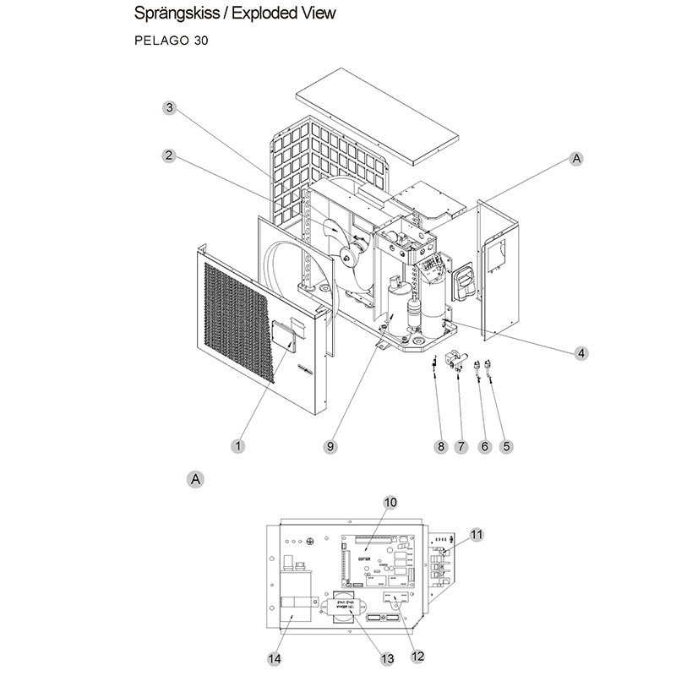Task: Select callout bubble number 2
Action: point(169,155)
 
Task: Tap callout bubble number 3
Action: point(169,107)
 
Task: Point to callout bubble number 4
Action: point(581,353)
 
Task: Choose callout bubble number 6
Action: point(484,447)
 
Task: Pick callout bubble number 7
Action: point(461,447)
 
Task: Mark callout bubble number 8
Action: point(439,447)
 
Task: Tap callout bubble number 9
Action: point(330,445)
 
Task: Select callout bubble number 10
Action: point(390,502)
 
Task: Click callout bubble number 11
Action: point(477,534)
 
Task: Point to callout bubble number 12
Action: point(417,655)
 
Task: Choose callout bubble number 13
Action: point(388,658)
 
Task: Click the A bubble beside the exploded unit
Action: point(577,158)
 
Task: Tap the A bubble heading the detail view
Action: point(195,479)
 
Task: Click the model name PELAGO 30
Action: point(171,40)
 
